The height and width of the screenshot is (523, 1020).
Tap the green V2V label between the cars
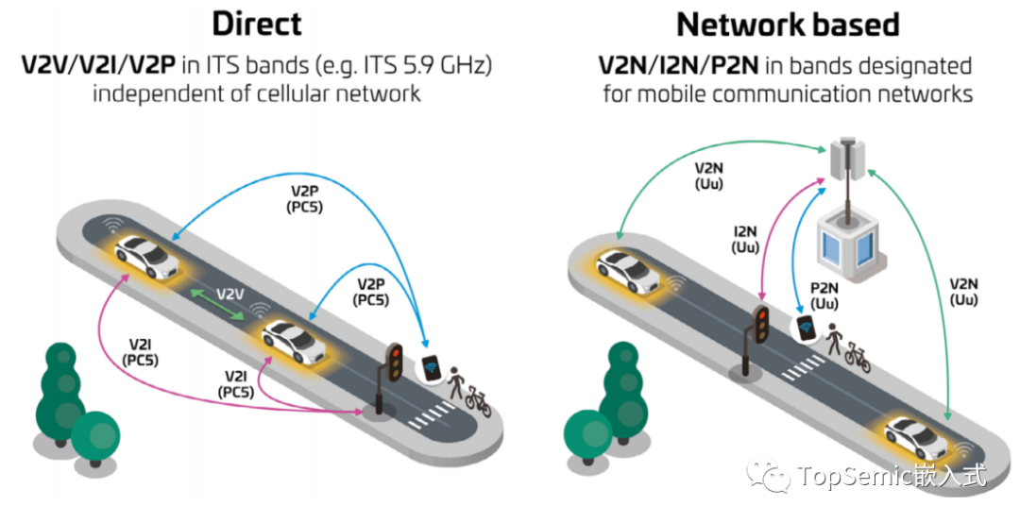click(x=231, y=295)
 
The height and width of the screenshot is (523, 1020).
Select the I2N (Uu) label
click(x=745, y=240)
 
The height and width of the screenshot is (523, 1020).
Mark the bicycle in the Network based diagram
click(x=858, y=357)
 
